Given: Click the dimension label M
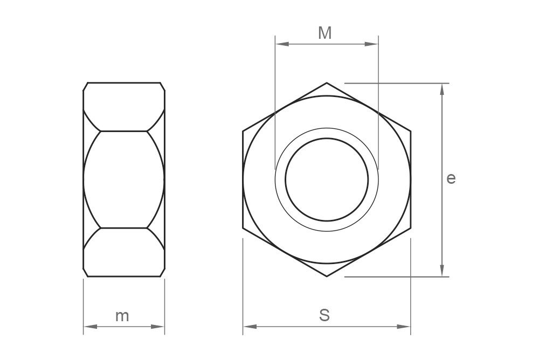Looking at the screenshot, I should (324, 33).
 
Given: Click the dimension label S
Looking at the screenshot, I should (324, 315).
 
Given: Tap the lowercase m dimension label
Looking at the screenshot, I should (122, 316).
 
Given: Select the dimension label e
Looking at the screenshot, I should (451, 178).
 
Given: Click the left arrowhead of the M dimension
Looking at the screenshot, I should (281, 44).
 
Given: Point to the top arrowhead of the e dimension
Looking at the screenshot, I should (442, 89).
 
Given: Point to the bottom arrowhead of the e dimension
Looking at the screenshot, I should (442, 271).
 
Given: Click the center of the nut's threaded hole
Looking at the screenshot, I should (327, 179).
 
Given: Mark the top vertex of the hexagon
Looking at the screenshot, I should (327, 83).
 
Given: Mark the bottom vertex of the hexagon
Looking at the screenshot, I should (327, 276).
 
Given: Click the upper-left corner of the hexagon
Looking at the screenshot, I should (243, 131).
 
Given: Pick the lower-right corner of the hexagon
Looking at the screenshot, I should (411, 228).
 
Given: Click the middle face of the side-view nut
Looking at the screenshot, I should (124, 179).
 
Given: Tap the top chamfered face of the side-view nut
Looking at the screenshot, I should (124, 107).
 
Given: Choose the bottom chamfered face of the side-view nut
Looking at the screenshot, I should (124, 252).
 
